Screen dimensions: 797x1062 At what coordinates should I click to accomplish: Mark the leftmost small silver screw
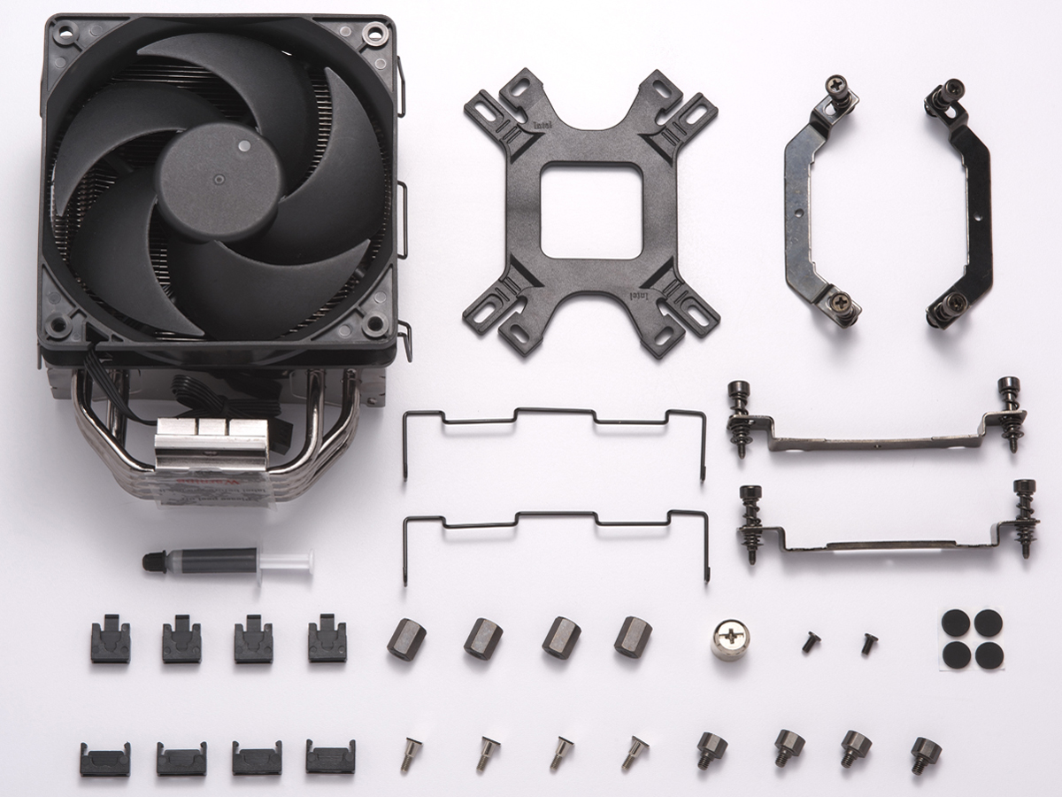411,753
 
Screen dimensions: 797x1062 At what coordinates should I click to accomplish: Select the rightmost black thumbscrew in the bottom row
925,755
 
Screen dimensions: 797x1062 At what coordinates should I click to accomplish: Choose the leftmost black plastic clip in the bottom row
104,759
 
